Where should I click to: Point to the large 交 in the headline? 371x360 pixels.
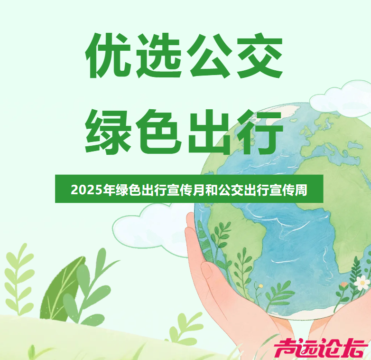click(x=260, y=56)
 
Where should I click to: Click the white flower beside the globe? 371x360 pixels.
click(x=362, y=282)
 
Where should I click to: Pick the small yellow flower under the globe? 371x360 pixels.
click(x=260, y=286)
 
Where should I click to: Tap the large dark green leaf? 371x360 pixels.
click(x=59, y=290)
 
